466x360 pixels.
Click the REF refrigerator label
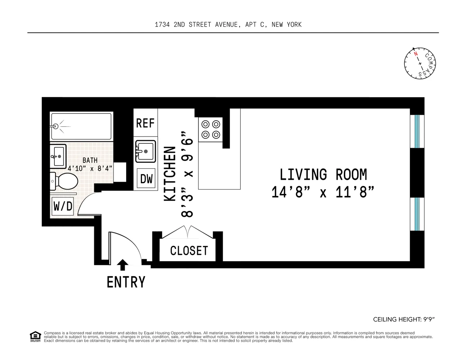[x=145, y=123]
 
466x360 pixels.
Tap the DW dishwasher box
[x=146, y=178]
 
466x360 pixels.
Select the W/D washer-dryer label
[x=63, y=206]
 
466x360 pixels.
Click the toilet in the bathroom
[x=64, y=181]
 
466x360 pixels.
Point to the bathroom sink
[x=58, y=156]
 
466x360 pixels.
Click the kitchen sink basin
[x=146, y=151]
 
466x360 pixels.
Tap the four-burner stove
[x=210, y=129]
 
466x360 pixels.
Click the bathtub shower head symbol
[x=56, y=126]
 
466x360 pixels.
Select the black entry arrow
[x=123, y=265]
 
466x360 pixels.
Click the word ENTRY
[x=126, y=282]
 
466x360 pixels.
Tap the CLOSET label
[x=189, y=251]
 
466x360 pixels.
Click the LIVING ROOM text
[x=323, y=174]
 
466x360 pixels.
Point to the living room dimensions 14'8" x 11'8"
[x=323, y=192]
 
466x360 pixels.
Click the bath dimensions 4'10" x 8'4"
[x=90, y=168]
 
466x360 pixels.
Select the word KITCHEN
[x=170, y=174]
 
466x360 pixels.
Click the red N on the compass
[x=416, y=54]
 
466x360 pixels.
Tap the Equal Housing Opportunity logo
[x=35, y=337]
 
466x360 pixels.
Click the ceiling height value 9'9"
[x=429, y=320]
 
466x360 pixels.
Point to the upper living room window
[x=417, y=132]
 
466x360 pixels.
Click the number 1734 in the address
[x=162, y=25]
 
